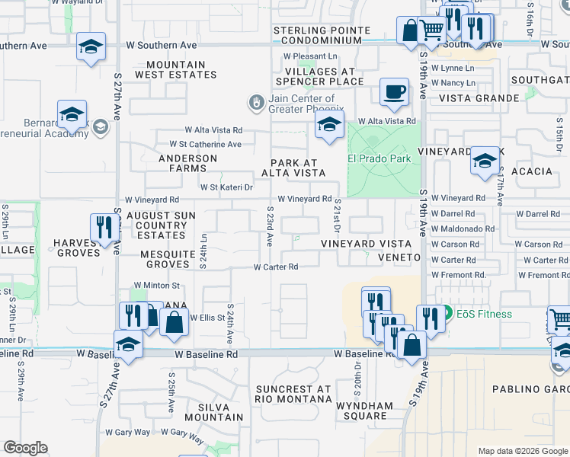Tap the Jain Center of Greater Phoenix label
click(x=301, y=104)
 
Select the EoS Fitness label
click(x=483, y=314)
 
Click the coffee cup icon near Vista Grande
click(x=394, y=93)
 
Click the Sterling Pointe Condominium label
click(x=322, y=36)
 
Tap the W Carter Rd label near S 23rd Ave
click(x=275, y=267)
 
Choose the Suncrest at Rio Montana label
click(x=293, y=394)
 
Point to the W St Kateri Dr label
click(x=226, y=187)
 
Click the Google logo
click(x=26, y=448)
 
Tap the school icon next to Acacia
click(x=485, y=161)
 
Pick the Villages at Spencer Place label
click(x=319, y=76)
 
